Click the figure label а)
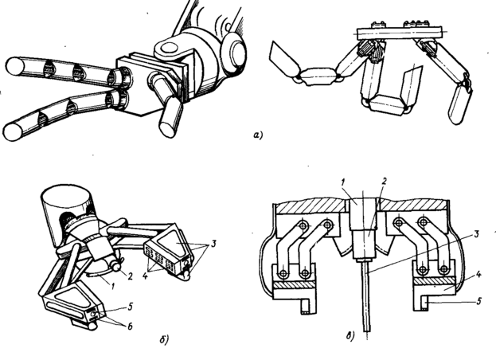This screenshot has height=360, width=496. point(258,135)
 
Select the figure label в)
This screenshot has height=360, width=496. point(350,335)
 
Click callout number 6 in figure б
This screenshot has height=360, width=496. point(130,327)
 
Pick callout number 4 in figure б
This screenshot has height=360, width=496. point(145,276)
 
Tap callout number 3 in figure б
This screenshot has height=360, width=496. point(213,244)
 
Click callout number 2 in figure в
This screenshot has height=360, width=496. point(385,182)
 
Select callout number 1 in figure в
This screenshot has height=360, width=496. point(343,183)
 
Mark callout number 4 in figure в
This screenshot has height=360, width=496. point(479,274)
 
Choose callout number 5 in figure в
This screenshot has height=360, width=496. point(478,301)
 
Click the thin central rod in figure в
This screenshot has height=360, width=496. point(367,296)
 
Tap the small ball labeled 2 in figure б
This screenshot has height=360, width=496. point(117,268)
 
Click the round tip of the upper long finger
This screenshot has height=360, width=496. point(15,68)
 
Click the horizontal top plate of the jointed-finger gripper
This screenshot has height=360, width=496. point(399,32)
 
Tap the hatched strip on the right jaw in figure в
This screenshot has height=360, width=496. point(434,281)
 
